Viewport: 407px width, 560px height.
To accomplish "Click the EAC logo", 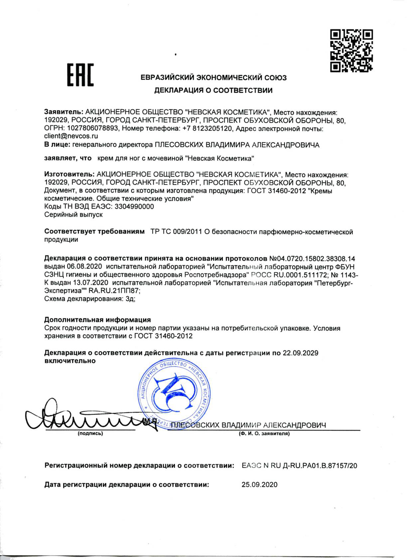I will pos(80,75).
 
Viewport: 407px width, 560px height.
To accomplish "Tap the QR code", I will pos(351,51).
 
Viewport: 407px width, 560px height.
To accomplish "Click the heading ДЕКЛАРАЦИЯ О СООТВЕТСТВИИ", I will pos(213,90).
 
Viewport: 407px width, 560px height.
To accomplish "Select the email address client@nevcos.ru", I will pos(71,136).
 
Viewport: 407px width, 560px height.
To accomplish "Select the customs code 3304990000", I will pos(134,207).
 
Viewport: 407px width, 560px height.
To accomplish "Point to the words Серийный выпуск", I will pos(73,214).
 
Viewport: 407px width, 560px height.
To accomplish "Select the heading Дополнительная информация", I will pos(97,320).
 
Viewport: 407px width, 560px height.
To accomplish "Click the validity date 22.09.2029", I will pos(300,353).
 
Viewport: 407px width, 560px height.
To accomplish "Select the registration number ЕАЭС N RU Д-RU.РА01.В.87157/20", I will pos(299,466).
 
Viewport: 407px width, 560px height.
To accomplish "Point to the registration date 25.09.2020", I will pos(259,485).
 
